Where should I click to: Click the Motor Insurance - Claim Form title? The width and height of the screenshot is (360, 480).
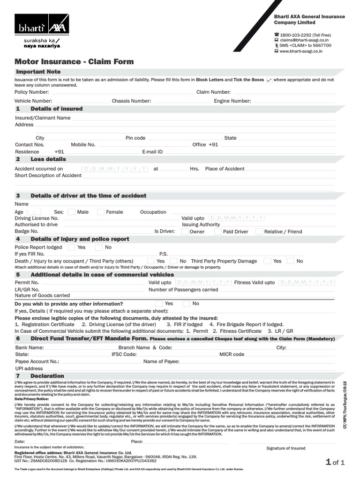coord(74,61)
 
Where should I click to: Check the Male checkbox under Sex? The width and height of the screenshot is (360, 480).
coord(71,212)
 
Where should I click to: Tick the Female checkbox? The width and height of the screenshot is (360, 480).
coord(100,212)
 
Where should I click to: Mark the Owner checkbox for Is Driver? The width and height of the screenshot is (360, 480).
coord(185,231)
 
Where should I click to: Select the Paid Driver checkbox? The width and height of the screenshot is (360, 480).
coord(218,231)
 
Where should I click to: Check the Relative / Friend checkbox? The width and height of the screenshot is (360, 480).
coord(259,231)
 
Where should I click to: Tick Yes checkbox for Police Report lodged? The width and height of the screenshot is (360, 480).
coord(71,247)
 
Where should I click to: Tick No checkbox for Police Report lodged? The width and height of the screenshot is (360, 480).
coord(98,247)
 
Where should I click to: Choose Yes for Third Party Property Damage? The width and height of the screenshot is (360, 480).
coord(267,261)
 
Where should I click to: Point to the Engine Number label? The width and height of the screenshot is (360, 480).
coord(232,101)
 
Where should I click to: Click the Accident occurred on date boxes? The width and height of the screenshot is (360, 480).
coord(115,169)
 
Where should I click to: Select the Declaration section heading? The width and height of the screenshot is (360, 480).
coord(47,376)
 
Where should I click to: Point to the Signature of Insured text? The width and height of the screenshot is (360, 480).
coord(285,448)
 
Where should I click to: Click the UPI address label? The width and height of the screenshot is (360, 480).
coord(29,368)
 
